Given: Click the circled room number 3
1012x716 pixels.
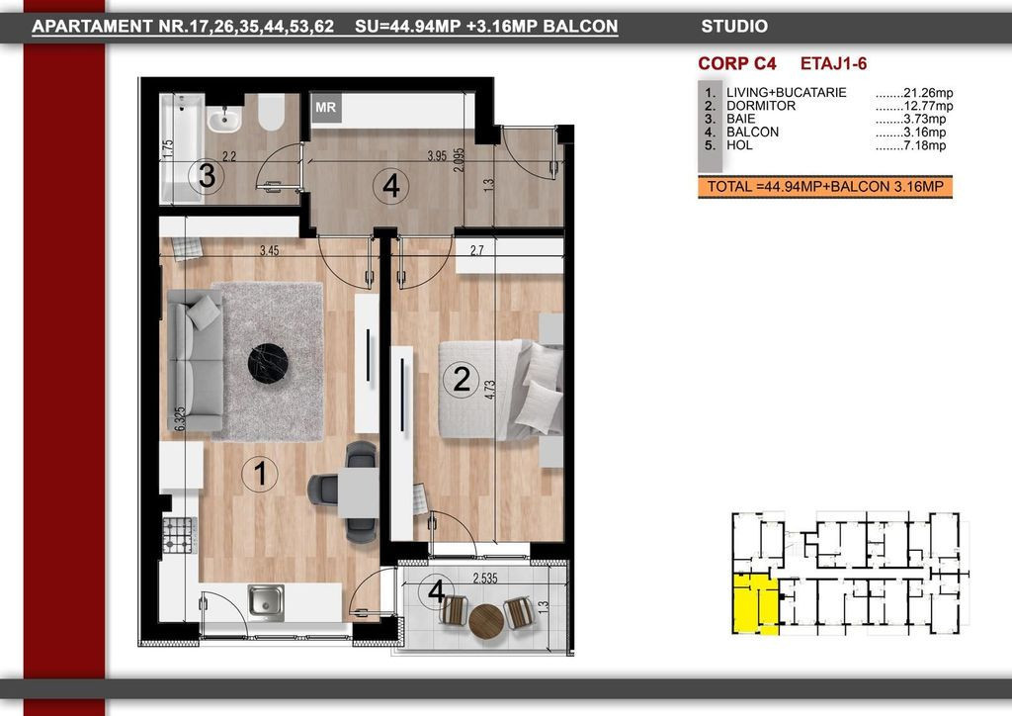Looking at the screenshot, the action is pos(207,176).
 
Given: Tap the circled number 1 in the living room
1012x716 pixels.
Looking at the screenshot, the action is pos(260,474).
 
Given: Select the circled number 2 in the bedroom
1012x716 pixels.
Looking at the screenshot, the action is pos(461,379).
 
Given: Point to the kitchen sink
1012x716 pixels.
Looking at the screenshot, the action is pos(266,602).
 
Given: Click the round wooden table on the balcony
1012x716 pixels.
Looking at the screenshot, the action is pos(486,621).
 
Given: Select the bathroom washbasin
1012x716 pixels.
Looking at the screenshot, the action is pos(224,118).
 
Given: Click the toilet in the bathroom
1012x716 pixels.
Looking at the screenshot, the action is pos(272,113).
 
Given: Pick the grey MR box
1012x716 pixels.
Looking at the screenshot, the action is pos(326,107).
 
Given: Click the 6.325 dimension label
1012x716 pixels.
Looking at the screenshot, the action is pos(180,418).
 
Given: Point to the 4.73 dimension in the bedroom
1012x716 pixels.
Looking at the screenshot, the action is pos(490,390).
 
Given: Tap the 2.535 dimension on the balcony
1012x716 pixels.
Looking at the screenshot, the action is pos(484,578).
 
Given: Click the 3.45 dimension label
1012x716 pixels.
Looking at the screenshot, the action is pos(269,250).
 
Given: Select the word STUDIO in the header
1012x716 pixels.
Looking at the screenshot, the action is pos(734,27).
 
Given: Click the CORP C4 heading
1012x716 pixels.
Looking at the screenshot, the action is pos(737,64).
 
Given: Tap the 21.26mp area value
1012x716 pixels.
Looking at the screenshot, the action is pos(914,93).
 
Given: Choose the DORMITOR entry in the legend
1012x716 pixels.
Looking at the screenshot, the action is pos(761,106).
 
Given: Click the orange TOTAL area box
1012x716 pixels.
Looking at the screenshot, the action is pos(825,187).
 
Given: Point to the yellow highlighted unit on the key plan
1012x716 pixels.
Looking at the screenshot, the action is pos(755,603).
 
